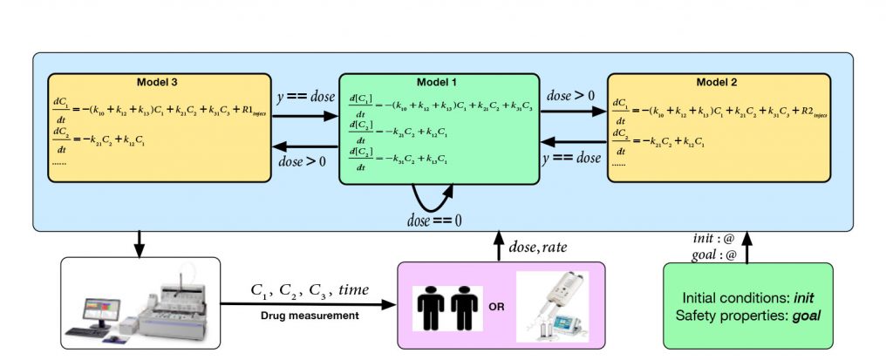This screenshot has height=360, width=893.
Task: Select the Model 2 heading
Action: click(x=718, y=82)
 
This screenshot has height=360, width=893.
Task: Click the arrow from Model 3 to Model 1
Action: click(x=305, y=115)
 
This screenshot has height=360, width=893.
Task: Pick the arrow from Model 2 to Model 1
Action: click(x=571, y=143)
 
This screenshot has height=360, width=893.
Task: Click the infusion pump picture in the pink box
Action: click(x=553, y=306)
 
